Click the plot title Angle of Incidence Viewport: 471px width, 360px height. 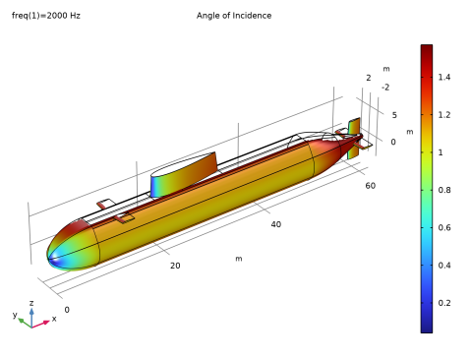point(234,16)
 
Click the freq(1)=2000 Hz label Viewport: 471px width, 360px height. point(46,16)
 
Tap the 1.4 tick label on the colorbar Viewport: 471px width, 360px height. point(444,77)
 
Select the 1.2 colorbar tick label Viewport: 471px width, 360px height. point(444,115)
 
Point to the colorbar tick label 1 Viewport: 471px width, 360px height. point(441,152)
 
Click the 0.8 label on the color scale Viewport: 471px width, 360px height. point(444,190)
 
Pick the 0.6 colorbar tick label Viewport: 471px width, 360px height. point(444,227)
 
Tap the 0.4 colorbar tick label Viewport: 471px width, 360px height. point(444,266)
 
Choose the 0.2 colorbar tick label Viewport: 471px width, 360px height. point(444,303)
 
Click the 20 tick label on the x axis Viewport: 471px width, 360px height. point(175,266)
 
